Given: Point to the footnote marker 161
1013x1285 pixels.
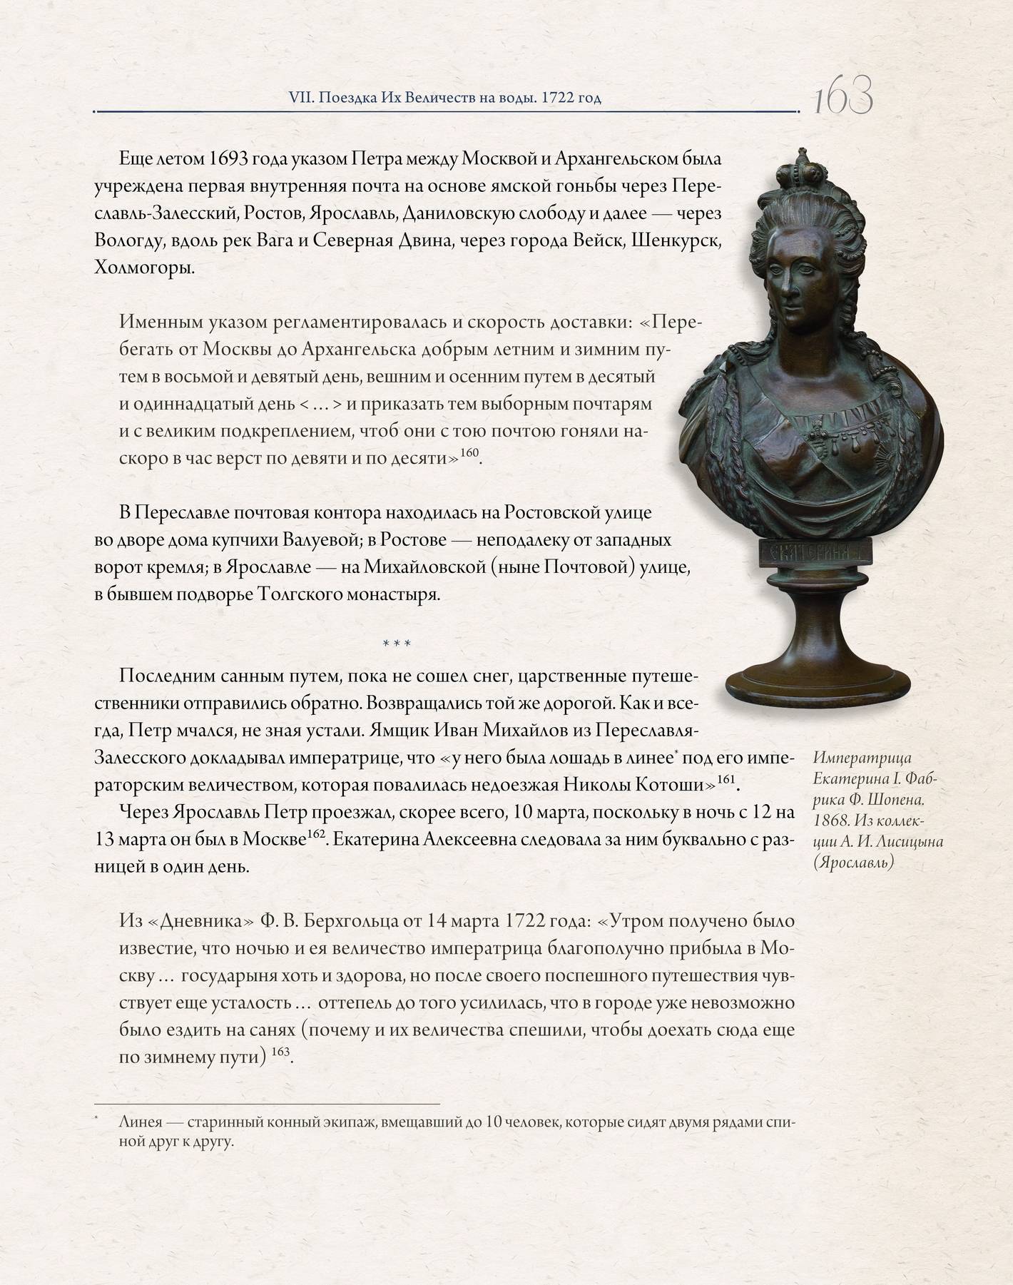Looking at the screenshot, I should click(x=726, y=779).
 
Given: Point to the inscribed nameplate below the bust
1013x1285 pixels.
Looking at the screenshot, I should click(x=815, y=552).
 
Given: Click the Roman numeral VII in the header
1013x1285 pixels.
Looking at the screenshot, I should click(x=297, y=98).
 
